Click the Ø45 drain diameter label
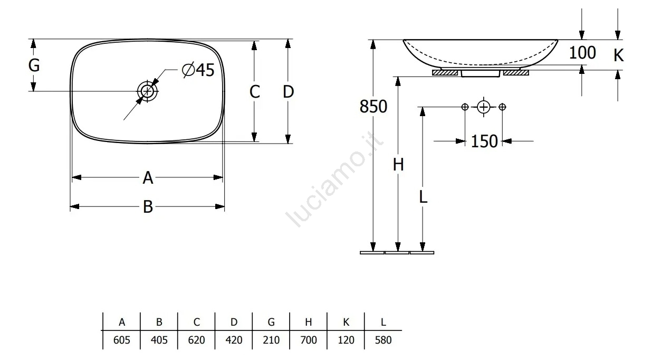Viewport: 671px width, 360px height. [198, 70]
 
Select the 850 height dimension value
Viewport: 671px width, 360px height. [373, 107]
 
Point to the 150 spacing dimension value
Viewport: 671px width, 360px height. [484, 141]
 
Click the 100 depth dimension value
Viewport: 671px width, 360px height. [582, 53]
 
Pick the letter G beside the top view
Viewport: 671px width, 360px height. [34, 65]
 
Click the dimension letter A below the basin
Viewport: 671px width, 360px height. [148, 178]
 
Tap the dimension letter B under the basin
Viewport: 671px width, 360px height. [148, 207]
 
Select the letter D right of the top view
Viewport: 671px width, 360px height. [288, 92]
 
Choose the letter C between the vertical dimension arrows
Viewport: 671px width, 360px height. [255, 92]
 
